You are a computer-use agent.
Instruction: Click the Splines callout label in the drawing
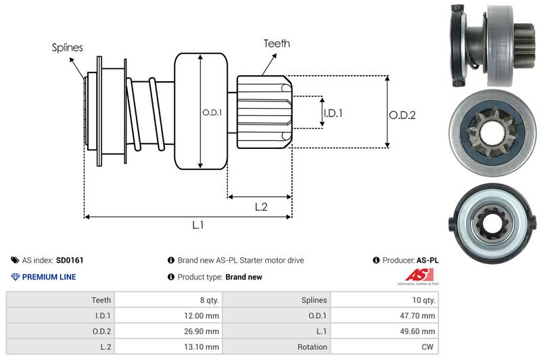coord(68,47)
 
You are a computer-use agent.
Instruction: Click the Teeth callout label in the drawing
coord(277,43)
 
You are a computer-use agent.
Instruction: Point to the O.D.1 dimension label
coord(212,112)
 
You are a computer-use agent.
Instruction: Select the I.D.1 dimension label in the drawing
coord(333,113)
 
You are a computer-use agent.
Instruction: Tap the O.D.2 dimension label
coord(402,116)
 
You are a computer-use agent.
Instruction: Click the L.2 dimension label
coord(261,208)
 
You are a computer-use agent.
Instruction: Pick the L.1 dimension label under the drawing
coord(198,226)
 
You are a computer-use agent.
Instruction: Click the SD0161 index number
coord(70,260)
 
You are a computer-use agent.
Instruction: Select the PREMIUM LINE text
coord(49,277)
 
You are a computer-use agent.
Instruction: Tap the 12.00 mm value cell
coord(201,315)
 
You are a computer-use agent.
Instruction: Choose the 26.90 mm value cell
coord(201,331)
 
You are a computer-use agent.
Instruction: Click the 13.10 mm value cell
coord(201,346)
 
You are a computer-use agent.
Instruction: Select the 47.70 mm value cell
coord(418,315)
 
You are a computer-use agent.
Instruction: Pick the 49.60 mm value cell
coord(418,331)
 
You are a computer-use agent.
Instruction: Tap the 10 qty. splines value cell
coord(421,300)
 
